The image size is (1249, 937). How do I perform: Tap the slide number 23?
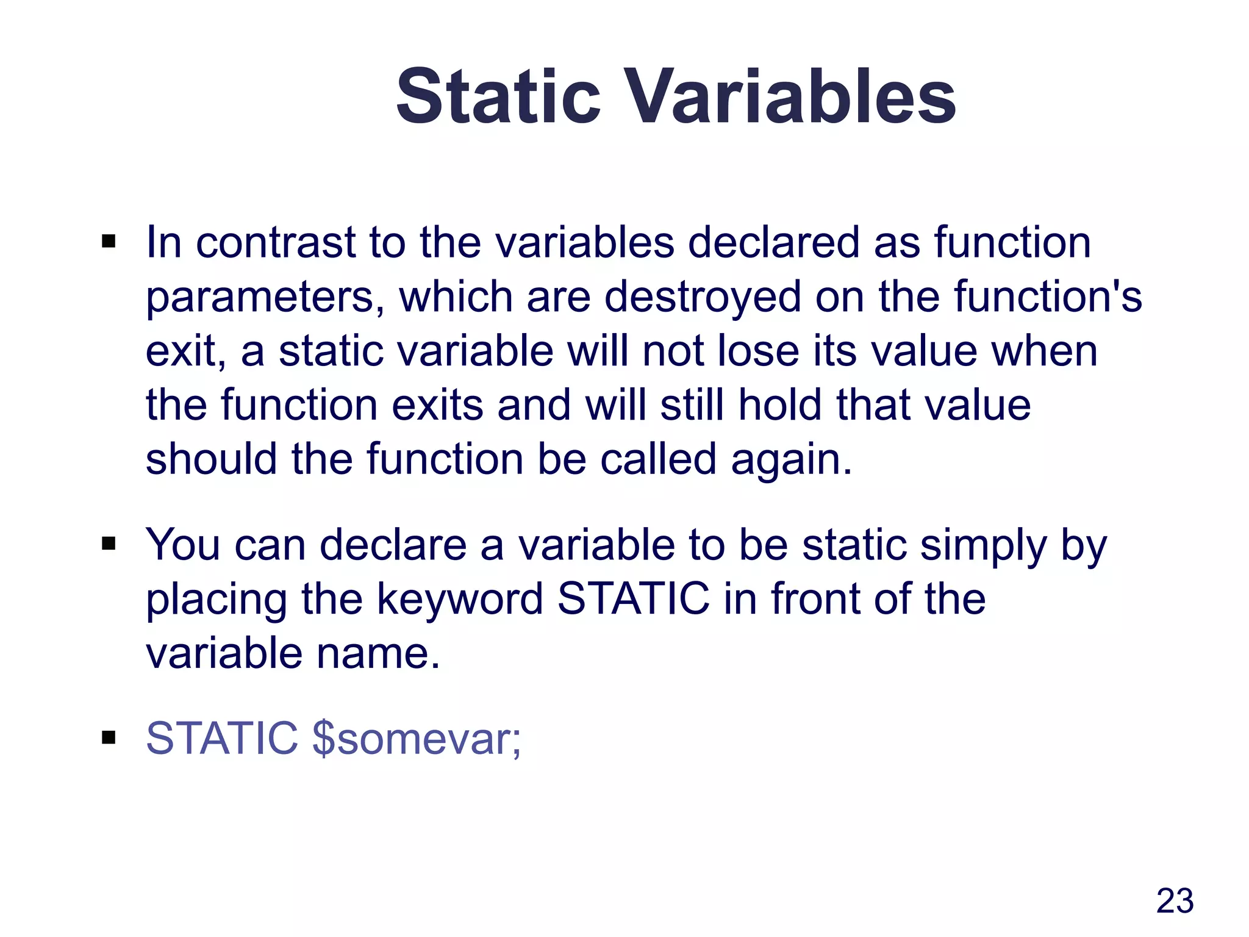click(x=1175, y=900)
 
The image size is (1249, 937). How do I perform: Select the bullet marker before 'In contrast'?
click(x=109, y=242)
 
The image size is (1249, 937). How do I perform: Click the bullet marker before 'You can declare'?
click(x=109, y=544)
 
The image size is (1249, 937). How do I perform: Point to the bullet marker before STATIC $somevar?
click(x=109, y=738)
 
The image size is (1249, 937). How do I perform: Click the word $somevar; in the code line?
click(x=417, y=738)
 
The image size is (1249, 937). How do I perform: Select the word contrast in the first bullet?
click(x=275, y=243)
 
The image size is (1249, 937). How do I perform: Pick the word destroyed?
click(x=702, y=296)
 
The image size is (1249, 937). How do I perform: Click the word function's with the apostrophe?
click(x=1047, y=296)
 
